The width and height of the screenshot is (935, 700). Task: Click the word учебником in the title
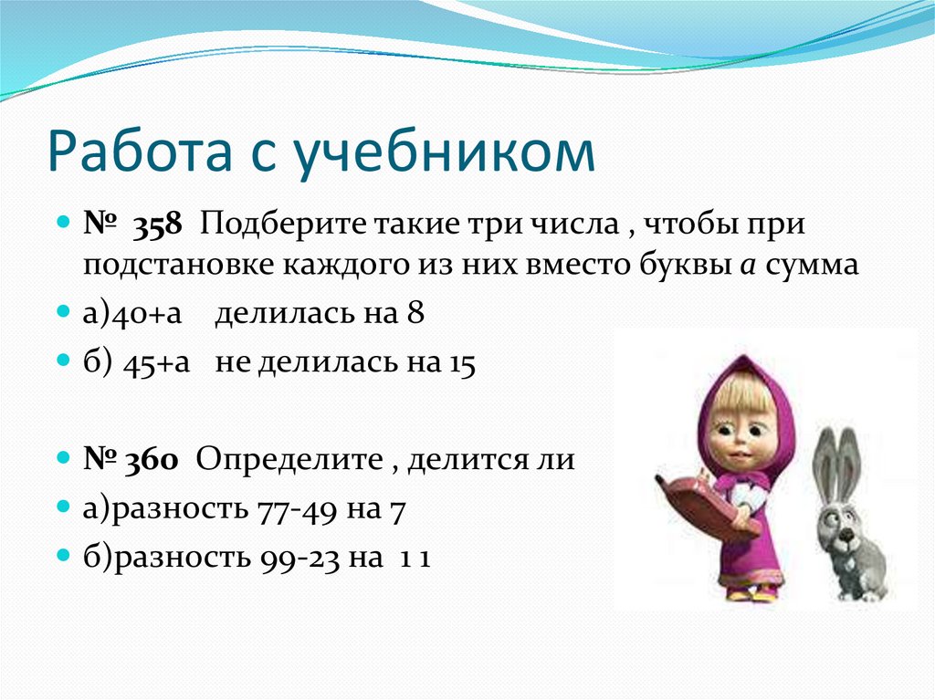tap(446, 152)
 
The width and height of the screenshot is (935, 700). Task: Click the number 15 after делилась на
tap(462, 362)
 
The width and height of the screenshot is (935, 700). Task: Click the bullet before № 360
tap(64, 458)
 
